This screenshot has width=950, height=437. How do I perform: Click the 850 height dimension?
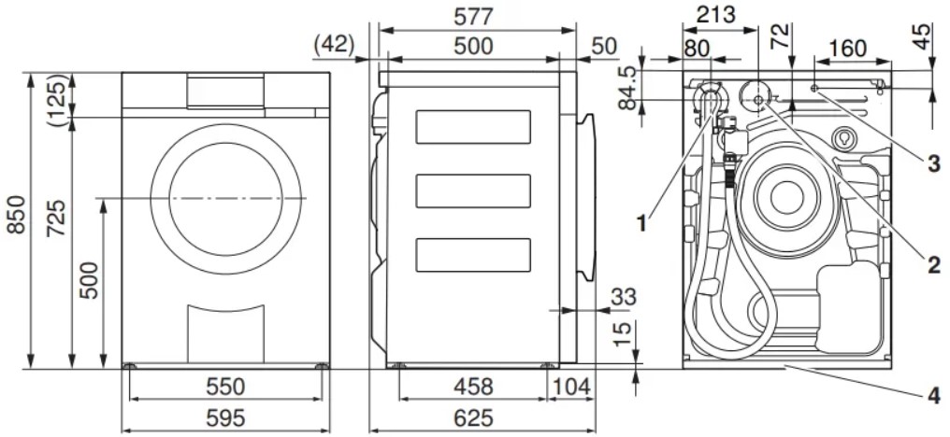click(15, 214)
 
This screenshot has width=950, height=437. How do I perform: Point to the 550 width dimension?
click(225, 387)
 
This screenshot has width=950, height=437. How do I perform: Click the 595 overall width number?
click(225, 418)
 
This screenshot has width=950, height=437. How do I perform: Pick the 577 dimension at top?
click(474, 17)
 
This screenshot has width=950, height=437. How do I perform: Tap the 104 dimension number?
click(570, 387)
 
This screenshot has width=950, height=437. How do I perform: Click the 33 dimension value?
click(624, 297)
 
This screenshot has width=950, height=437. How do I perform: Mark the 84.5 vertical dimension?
click(628, 89)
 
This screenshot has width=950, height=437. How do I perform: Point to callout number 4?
click(934, 396)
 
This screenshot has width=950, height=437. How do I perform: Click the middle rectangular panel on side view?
click(473, 190)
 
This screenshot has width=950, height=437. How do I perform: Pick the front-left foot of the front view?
click(129, 366)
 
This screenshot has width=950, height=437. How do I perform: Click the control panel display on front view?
click(225, 92)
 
